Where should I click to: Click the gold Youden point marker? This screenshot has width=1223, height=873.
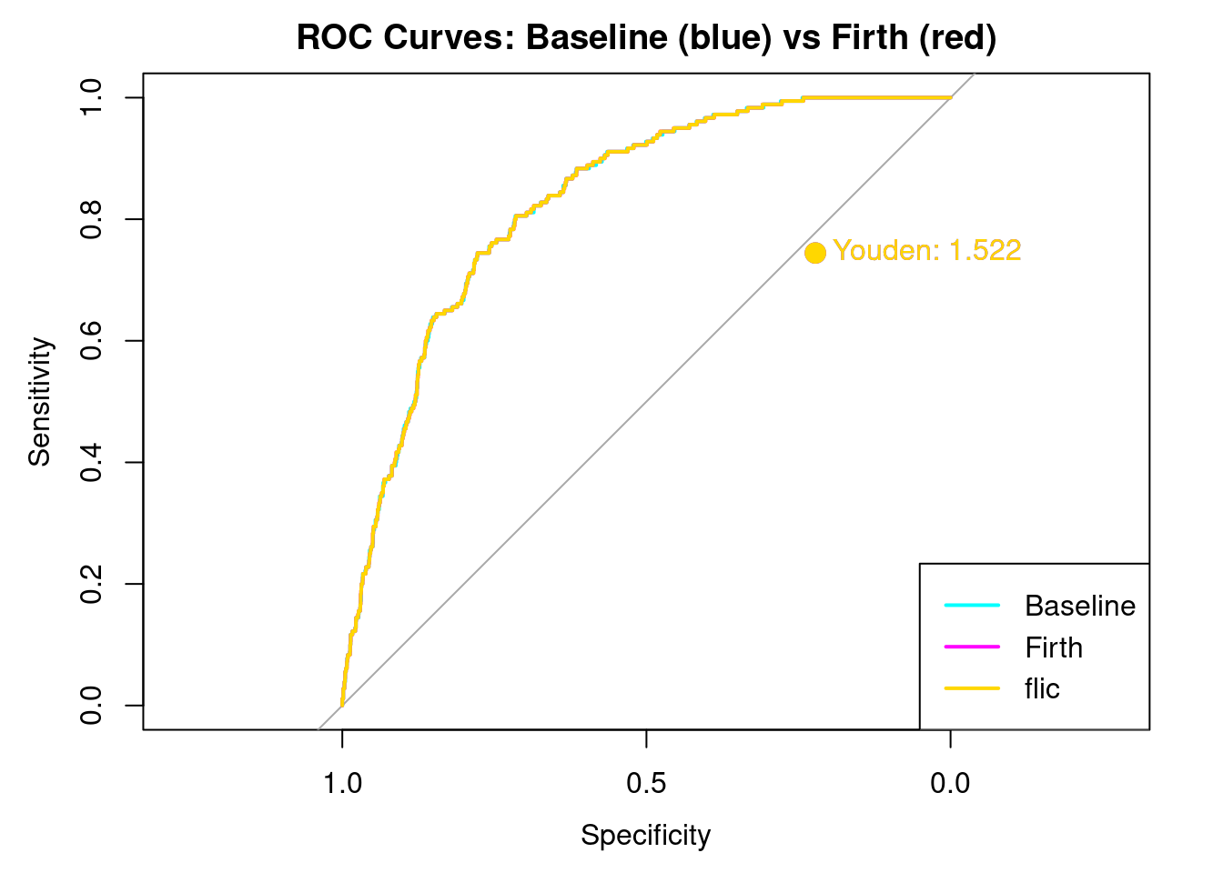[815, 253]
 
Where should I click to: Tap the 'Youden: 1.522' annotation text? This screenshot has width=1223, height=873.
[927, 250]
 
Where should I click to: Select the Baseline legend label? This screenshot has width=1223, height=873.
[1079, 606]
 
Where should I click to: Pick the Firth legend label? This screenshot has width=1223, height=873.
[1054, 647]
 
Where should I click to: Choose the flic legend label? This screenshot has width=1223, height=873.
[1042, 688]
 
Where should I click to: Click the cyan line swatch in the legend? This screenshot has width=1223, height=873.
[972, 605]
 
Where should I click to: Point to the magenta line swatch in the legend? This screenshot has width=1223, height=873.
[972, 647]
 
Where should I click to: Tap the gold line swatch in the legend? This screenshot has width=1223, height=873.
[972, 688]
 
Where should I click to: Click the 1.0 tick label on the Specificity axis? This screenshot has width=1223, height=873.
[342, 783]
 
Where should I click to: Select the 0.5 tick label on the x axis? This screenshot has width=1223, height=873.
[646, 783]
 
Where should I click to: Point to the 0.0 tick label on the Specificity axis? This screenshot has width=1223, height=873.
[950, 783]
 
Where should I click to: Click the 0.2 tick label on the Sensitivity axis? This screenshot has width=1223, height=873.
[91, 584]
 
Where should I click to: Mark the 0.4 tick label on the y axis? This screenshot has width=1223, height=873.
[91, 462]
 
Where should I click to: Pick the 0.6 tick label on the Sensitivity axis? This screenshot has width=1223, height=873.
[91, 341]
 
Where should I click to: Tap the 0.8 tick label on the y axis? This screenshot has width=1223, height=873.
[91, 219]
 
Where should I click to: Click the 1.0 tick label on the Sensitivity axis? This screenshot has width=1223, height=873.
[91, 97]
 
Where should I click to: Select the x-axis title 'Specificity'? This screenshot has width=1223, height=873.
[645, 835]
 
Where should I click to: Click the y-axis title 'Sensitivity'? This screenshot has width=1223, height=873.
[40, 401]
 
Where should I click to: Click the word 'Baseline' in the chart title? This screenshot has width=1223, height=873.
[596, 38]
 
